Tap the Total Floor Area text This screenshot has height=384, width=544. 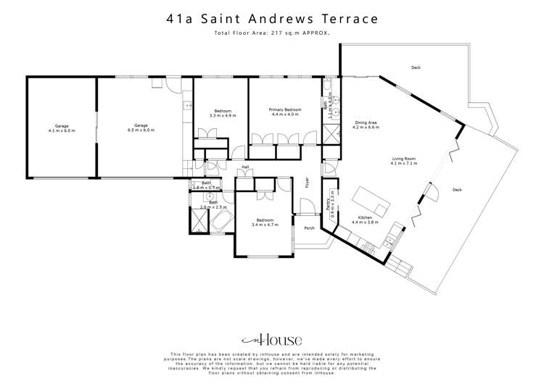coord(272,33)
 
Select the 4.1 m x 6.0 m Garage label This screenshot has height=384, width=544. coord(62,128)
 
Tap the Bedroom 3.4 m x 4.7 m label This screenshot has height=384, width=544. coord(265,222)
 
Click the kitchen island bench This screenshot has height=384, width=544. coord(368,196)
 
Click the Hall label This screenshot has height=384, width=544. coord(245,167)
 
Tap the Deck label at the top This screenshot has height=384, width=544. coord(416,67)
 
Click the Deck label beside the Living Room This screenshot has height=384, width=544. coord(457,190)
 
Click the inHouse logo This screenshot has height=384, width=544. coord(271,340)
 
